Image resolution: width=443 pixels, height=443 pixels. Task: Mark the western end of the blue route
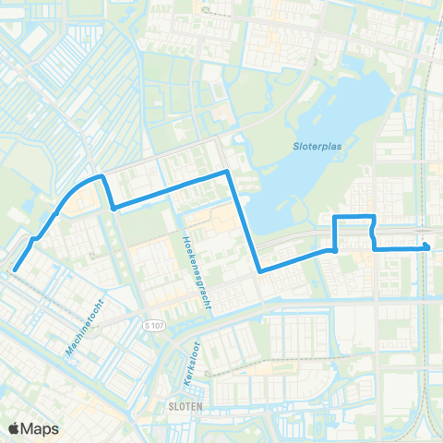15,269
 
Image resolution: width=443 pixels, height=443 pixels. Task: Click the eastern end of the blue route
427,245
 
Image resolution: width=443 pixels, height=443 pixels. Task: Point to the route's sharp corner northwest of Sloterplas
227,172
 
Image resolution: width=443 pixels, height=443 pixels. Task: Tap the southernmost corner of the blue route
261,271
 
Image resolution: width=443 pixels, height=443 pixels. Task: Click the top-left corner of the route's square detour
334,218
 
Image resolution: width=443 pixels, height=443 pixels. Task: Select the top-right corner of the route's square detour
372,218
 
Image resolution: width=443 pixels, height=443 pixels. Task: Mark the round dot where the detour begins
334,249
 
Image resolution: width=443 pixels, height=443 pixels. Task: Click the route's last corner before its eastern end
375,248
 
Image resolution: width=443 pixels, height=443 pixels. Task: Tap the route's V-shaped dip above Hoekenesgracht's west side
112,208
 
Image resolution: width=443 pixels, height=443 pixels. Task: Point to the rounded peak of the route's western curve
98,174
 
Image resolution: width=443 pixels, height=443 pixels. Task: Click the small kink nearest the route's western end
34,240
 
